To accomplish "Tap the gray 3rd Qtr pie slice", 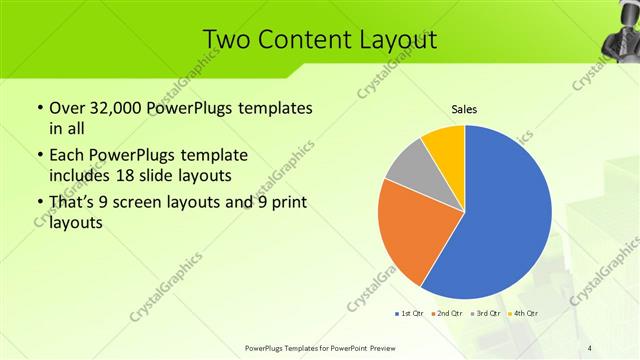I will tap(407, 167).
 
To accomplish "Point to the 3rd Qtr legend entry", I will tap(484, 314).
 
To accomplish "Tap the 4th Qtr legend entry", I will tap(522, 314).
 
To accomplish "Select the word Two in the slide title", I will tap(228, 39).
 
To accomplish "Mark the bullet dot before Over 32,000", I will tap(38, 108).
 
